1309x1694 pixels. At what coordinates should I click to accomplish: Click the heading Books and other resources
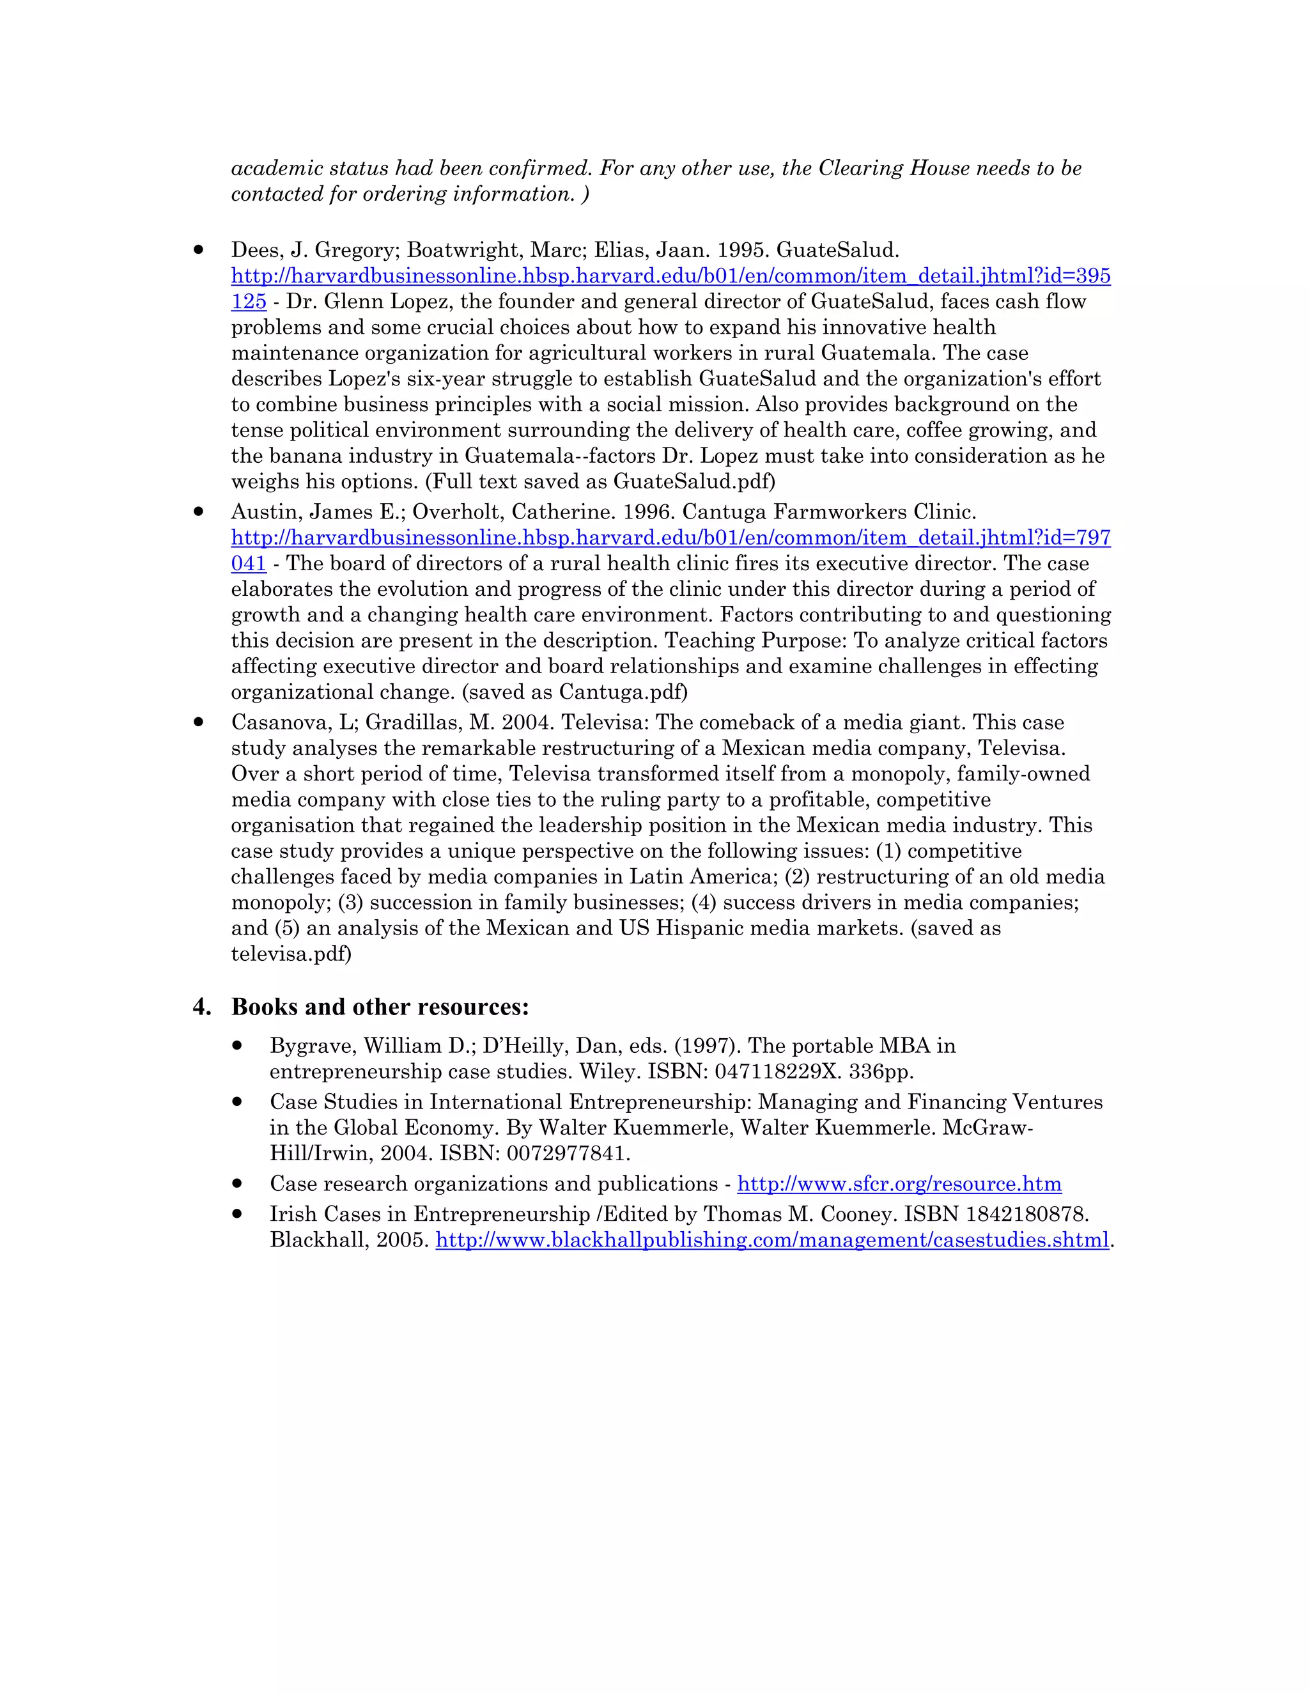pyautogui.click(x=380, y=1007)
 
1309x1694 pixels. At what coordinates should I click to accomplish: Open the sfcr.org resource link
pyautogui.click(x=899, y=1184)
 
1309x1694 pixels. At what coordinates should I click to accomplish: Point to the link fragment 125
pyautogui.click(x=248, y=302)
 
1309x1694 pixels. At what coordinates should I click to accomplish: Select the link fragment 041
pyautogui.click(x=248, y=564)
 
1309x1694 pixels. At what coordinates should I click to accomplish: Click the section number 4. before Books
pyautogui.click(x=201, y=1007)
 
